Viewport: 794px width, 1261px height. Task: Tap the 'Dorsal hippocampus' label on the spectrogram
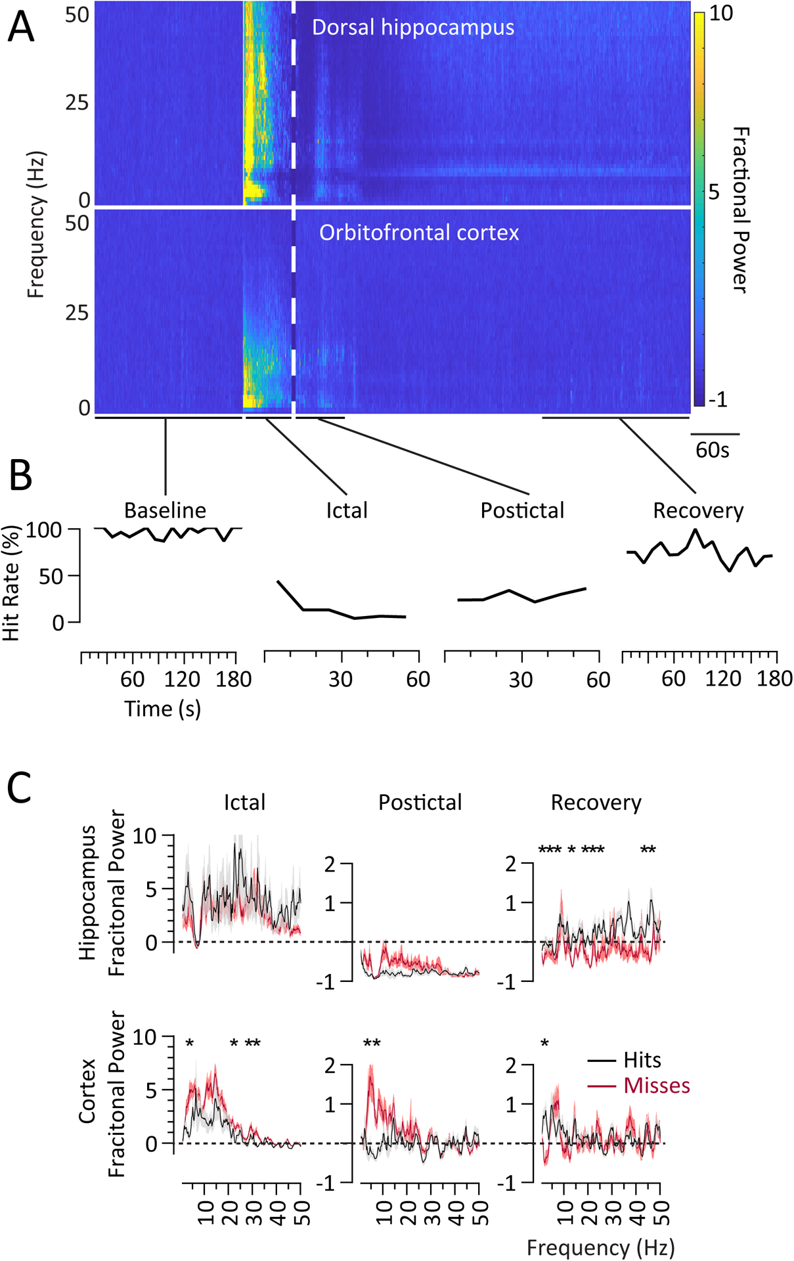412,28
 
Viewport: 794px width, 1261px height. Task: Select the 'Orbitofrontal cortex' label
419,232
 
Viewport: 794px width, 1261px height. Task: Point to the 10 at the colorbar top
720,13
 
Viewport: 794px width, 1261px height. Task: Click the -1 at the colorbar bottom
718,399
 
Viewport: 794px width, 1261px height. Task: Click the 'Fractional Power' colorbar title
740,210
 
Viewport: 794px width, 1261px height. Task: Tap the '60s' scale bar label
712,450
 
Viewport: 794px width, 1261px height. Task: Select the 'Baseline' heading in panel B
165,510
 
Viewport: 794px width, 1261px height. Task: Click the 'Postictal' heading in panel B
522,510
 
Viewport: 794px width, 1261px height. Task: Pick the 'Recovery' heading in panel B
698,510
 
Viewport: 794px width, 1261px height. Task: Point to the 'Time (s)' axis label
162,709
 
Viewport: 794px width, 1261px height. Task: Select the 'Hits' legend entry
642,1060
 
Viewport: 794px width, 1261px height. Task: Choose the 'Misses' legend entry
656,1085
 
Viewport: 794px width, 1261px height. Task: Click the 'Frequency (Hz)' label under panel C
600,1247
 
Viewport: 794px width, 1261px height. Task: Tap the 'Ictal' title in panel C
244,802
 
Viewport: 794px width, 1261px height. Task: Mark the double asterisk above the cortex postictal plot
372,1044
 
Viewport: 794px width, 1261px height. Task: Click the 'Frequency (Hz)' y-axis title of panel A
36,225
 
